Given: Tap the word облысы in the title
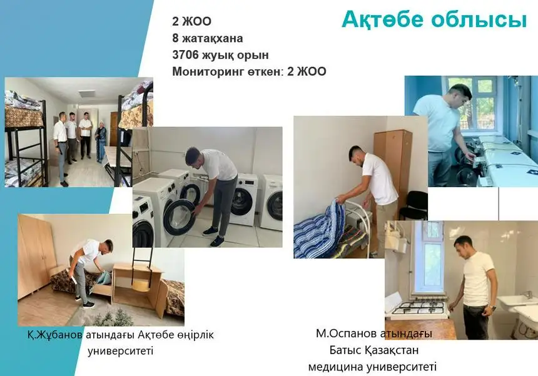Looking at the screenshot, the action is pos(479,20).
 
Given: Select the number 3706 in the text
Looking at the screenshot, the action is pos(185,55).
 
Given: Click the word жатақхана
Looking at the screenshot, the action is pos(212,38).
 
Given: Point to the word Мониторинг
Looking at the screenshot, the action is pos(207,72).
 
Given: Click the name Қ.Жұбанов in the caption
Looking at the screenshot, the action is pos(55,335).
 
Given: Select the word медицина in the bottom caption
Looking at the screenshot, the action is pos(336,367).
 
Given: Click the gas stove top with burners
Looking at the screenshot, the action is pos(419,307).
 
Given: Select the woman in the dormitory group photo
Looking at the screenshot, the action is pos(101,141).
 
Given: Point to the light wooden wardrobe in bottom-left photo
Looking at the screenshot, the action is pos(36,257).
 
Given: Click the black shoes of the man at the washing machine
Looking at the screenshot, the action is pos(213,236).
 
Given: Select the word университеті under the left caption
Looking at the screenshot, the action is pos(121,351).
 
